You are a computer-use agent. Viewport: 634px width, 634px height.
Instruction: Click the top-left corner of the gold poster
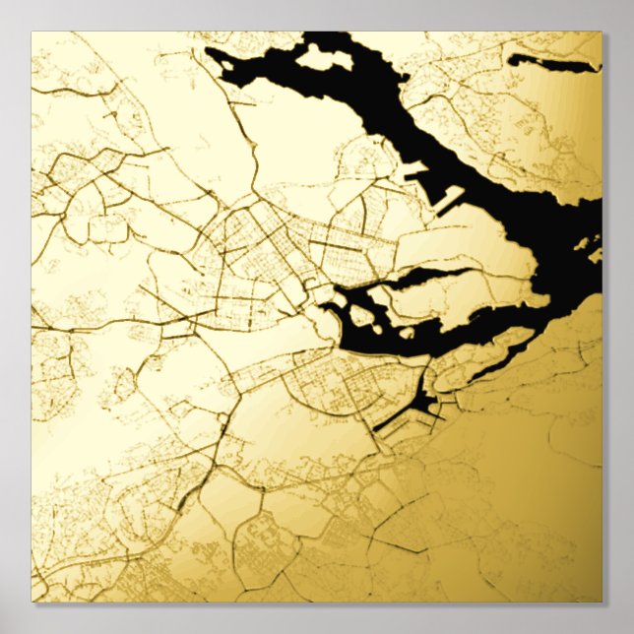(32, 32)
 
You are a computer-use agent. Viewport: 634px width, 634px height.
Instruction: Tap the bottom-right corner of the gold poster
(602, 602)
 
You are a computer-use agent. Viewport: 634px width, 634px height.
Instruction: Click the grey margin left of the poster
(15, 315)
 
